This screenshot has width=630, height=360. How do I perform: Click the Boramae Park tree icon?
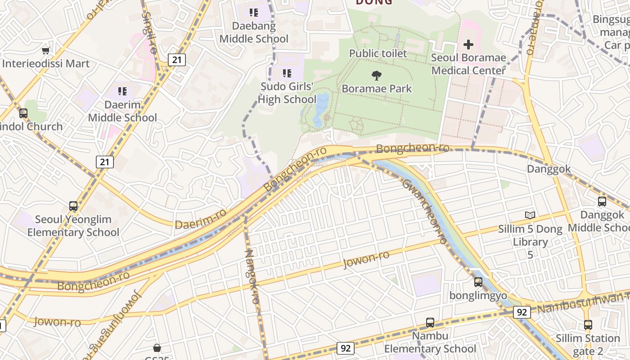(377, 75)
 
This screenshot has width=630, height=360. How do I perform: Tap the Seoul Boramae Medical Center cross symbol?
(468, 45)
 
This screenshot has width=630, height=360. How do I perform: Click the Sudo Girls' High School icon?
(287, 73)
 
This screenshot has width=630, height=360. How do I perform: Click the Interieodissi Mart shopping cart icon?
(45, 51)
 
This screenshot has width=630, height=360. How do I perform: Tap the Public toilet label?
(378, 54)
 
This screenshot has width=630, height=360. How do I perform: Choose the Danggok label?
(549, 169)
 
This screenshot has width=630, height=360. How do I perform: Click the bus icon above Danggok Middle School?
(602, 202)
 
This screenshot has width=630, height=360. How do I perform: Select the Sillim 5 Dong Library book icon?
(530, 216)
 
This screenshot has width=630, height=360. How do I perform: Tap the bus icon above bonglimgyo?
(478, 282)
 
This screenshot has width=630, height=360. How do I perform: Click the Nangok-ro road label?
(252, 277)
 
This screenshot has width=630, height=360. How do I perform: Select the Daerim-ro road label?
(201, 219)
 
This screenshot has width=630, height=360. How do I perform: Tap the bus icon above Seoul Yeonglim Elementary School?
(73, 206)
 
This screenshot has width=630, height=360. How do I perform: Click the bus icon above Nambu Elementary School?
(430, 323)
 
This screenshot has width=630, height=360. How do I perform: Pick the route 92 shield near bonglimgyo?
(522, 312)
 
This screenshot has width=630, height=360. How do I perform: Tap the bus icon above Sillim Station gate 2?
(588, 325)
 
